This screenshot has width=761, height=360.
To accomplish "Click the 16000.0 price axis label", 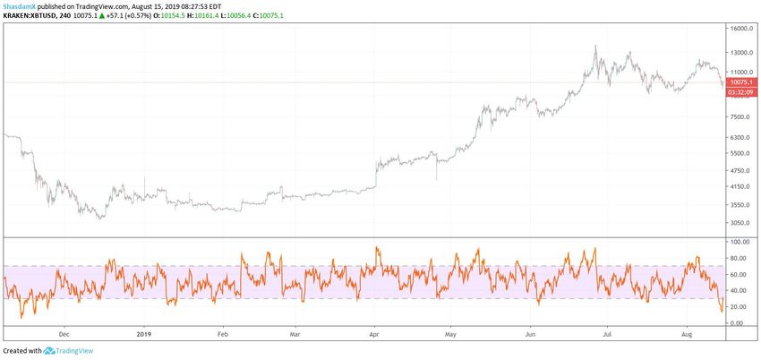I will click(x=742, y=29).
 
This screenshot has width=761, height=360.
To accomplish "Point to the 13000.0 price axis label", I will click(x=742, y=52).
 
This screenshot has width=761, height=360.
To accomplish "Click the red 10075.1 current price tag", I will click(x=741, y=82).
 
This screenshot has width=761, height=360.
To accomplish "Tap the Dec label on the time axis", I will click(x=64, y=333).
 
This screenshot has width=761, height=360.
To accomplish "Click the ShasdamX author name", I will click(x=21, y=4).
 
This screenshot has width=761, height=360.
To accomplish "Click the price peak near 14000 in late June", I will click(x=595, y=47).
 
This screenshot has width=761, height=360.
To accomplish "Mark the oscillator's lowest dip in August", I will click(x=722, y=311).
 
